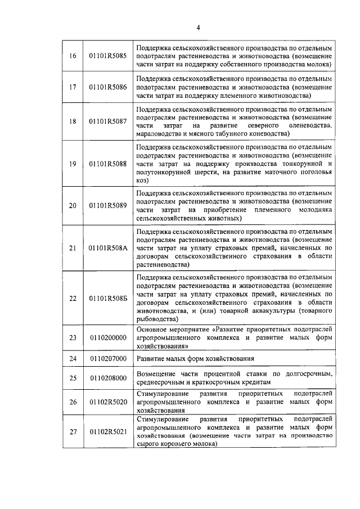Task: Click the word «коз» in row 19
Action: tap(141, 181)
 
